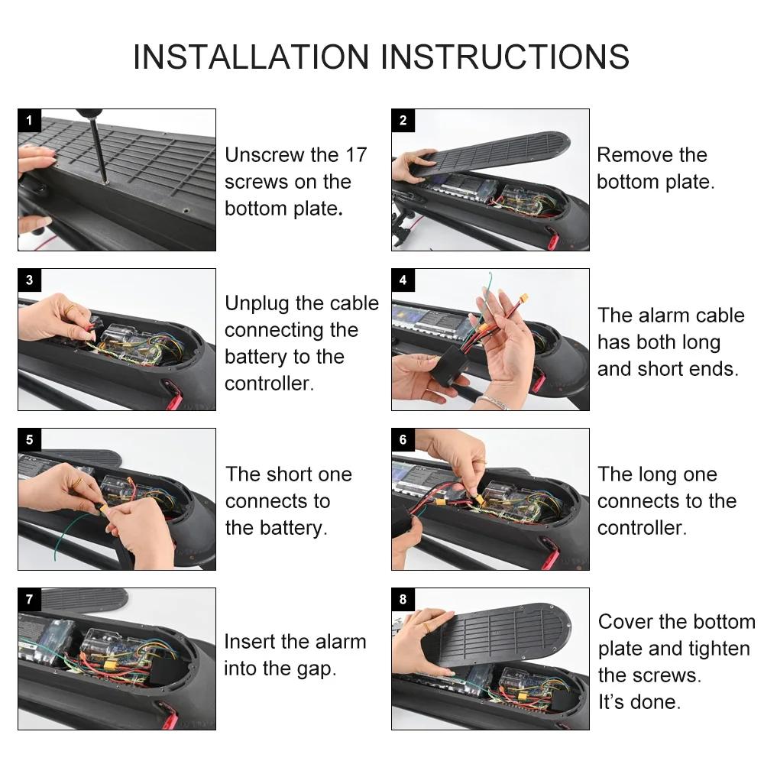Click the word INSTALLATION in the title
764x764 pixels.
(251, 57)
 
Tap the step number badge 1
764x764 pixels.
(29, 120)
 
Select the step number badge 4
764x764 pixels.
(403, 280)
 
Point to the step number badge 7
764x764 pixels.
(29, 599)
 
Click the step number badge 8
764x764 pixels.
(403, 599)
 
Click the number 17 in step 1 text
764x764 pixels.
(356, 155)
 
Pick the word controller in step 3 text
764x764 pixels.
(269, 384)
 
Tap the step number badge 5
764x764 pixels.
(29, 439)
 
